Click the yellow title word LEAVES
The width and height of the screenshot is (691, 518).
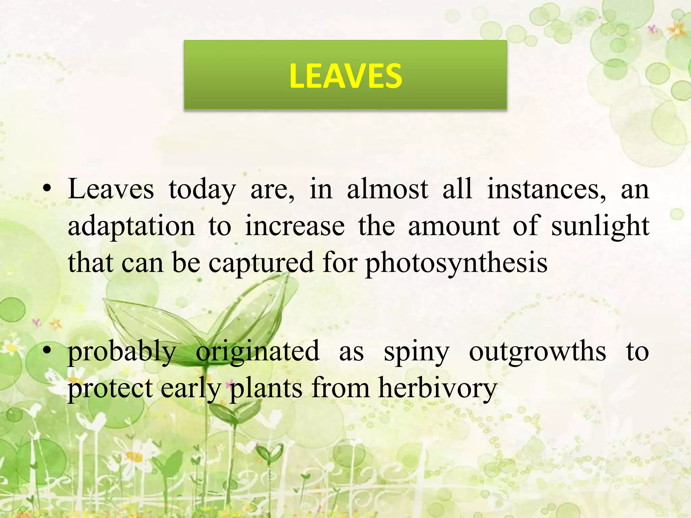click(x=345, y=76)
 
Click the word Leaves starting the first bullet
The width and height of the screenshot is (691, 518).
click(x=111, y=189)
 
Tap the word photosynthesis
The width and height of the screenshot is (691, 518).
click(x=457, y=263)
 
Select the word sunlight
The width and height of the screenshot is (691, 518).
click(x=600, y=226)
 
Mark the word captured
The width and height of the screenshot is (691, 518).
click(x=261, y=263)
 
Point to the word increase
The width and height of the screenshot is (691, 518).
click(x=295, y=226)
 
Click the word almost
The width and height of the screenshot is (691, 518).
click(x=388, y=189)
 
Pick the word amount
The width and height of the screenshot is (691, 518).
click(x=454, y=226)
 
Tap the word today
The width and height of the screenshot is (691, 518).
click(x=202, y=189)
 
